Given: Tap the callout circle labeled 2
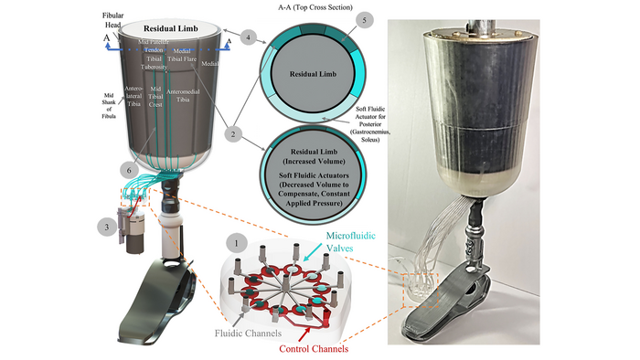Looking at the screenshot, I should tap(234, 134).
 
